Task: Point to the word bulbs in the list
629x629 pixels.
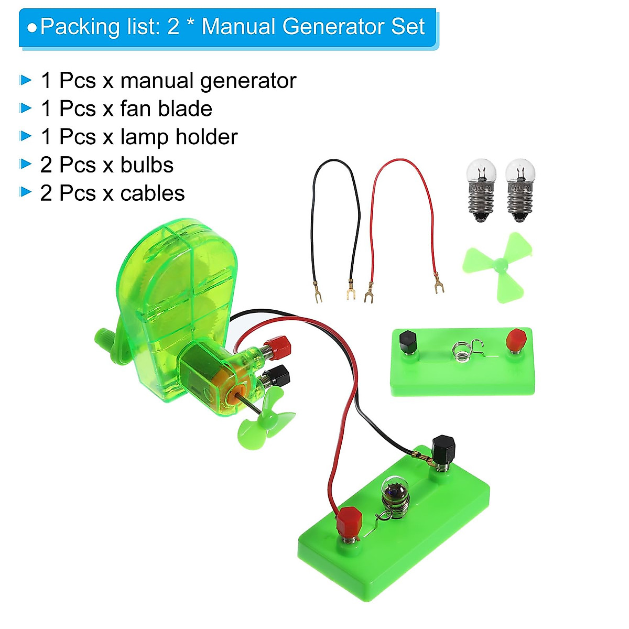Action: [x=147, y=165]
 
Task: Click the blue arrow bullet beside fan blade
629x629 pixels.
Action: [x=25, y=109]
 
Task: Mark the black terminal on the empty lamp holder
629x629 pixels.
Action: [x=407, y=343]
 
